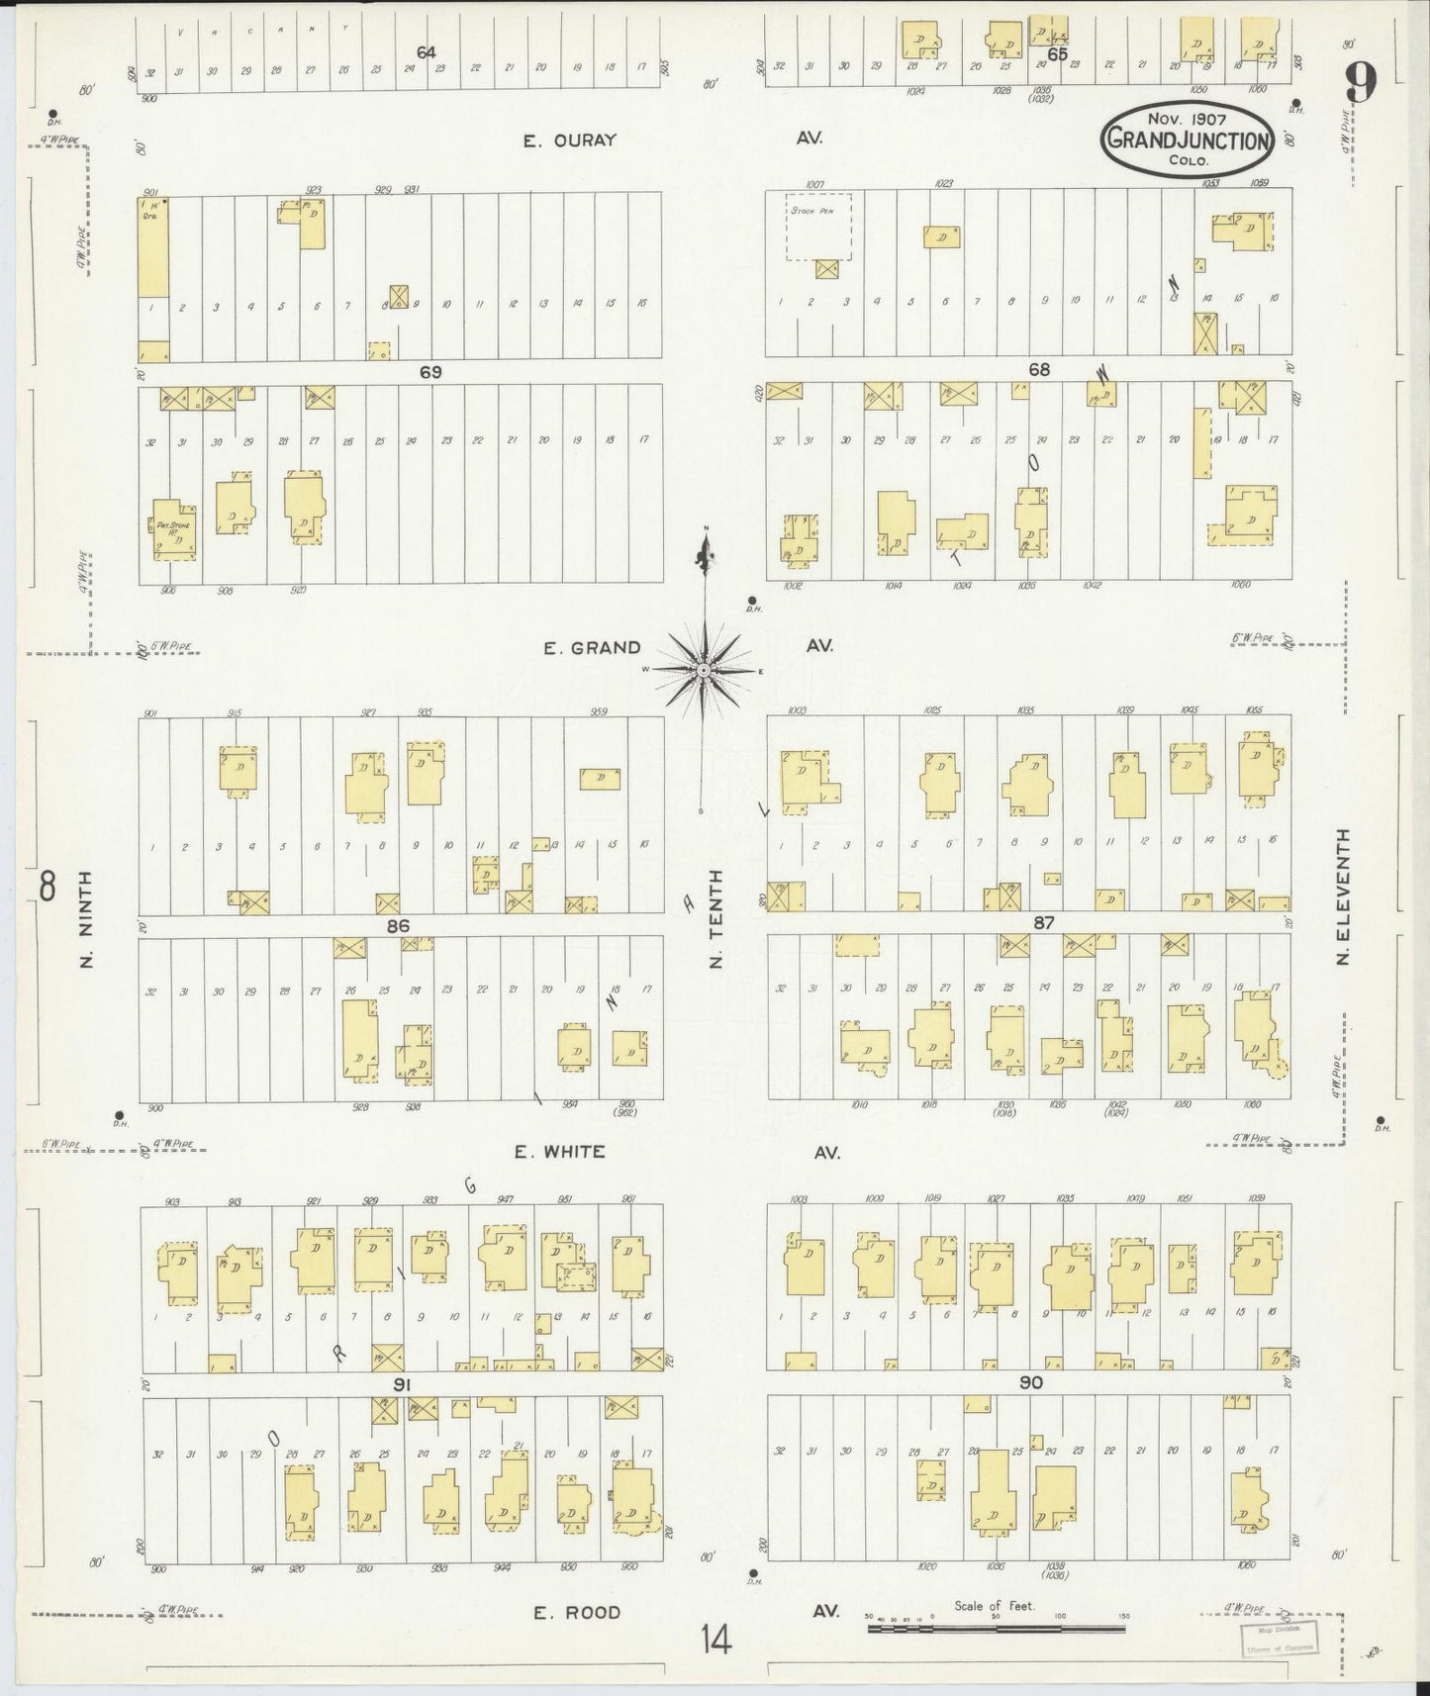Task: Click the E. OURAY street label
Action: pos(569,141)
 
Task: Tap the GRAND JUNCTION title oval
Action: pos(1187,140)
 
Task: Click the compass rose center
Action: pos(703,671)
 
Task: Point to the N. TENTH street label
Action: pos(717,918)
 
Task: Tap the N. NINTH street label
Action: pos(85,919)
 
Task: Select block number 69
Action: pos(429,372)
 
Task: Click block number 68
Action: pos(1038,370)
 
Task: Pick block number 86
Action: pos(398,926)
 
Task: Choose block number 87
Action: pos(1043,922)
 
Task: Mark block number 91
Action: pos(401,1384)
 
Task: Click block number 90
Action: pos(1030,1382)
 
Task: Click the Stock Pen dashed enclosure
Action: pos(818,227)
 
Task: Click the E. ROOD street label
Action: pos(577,1612)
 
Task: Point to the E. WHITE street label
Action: pos(559,1152)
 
